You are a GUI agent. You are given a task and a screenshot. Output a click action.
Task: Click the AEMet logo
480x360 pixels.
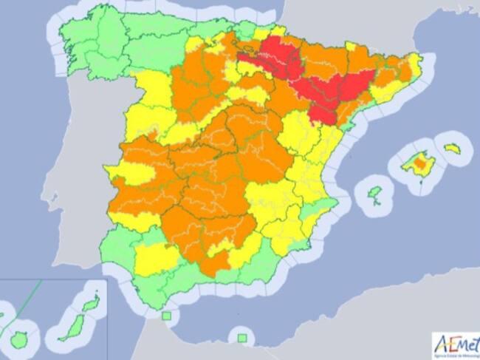tap(455, 344)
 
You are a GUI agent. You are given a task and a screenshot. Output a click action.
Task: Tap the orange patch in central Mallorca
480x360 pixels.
tap(422, 162)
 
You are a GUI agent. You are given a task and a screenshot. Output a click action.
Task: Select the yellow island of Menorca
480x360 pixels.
tap(451, 148)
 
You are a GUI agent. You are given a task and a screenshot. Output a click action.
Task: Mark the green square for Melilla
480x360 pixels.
tap(241, 338)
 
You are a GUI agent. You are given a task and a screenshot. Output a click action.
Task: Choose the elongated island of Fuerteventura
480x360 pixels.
tap(74, 327)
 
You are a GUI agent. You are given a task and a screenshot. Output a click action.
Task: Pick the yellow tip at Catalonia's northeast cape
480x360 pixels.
tap(415, 63)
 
